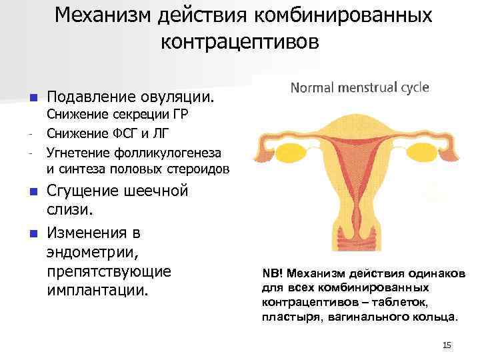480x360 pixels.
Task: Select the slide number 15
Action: click(447, 345)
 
